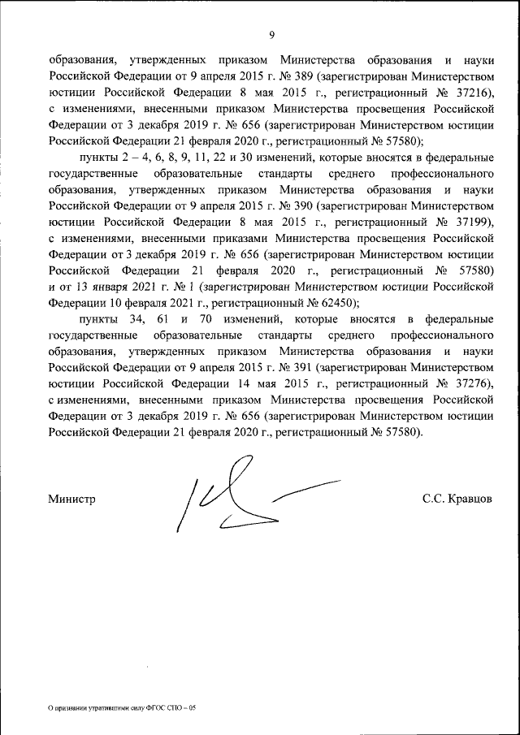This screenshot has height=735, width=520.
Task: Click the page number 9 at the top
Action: tap(272, 34)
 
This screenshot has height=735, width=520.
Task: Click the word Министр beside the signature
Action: tap(71, 499)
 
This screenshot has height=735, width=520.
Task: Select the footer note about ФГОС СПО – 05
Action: tap(122, 707)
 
